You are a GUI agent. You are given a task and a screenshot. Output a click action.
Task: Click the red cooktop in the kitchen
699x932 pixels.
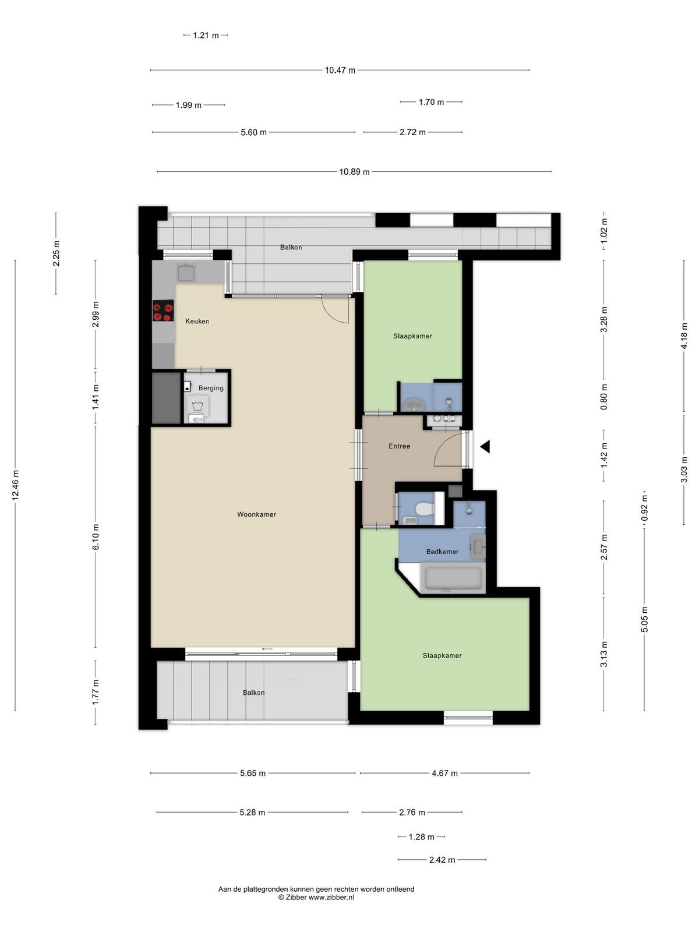(164, 310)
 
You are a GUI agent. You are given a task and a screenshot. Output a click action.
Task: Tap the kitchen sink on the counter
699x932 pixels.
(186, 272)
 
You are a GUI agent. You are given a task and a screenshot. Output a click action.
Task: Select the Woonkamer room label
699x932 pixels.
(256, 514)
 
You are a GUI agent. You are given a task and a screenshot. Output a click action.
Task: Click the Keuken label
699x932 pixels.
(197, 321)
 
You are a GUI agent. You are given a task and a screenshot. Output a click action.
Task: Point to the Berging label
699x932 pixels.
(211, 388)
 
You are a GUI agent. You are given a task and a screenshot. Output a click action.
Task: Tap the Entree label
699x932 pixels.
(400, 446)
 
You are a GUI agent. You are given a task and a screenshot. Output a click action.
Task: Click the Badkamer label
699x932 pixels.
(442, 552)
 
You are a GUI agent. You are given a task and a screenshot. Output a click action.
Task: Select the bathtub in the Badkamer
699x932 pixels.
(453, 578)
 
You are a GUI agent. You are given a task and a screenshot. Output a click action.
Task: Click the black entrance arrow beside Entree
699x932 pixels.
(485, 446)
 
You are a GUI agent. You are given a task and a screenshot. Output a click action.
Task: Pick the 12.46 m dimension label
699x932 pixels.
(16, 485)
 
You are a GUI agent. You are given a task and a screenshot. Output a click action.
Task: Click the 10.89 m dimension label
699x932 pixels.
(354, 171)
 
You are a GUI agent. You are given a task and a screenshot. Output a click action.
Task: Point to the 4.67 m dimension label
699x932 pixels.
(445, 773)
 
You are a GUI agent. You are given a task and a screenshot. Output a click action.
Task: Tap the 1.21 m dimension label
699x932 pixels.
(206, 36)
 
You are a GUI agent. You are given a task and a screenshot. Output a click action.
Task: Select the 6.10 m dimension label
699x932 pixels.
(96, 536)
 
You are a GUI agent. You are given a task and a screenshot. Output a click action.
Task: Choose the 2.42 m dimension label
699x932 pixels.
(442, 860)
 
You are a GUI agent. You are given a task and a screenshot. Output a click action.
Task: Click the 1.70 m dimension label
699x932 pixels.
(431, 102)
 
